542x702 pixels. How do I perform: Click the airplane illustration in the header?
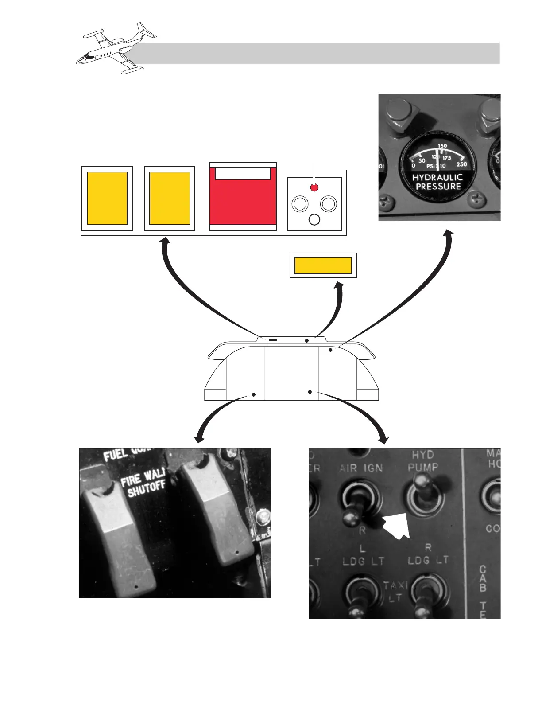click(116, 48)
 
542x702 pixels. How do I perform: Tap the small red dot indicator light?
click(314, 187)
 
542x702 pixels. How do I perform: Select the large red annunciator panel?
click(243, 202)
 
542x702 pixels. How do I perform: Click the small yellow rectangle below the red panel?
click(323, 265)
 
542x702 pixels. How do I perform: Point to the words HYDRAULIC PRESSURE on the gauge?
click(437, 182)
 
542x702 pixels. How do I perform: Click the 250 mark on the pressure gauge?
click(461, 164)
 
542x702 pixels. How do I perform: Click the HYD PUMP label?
click(423, 461)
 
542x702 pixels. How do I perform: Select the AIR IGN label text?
click(361, 468)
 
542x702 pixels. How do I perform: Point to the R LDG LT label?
click(428, 555)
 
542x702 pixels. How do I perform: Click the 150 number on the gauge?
click(442, 146)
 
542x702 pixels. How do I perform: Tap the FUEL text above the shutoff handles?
click(116, 454)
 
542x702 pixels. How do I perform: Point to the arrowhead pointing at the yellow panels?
click(165, 241)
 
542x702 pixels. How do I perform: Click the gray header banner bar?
click(319, 53)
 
